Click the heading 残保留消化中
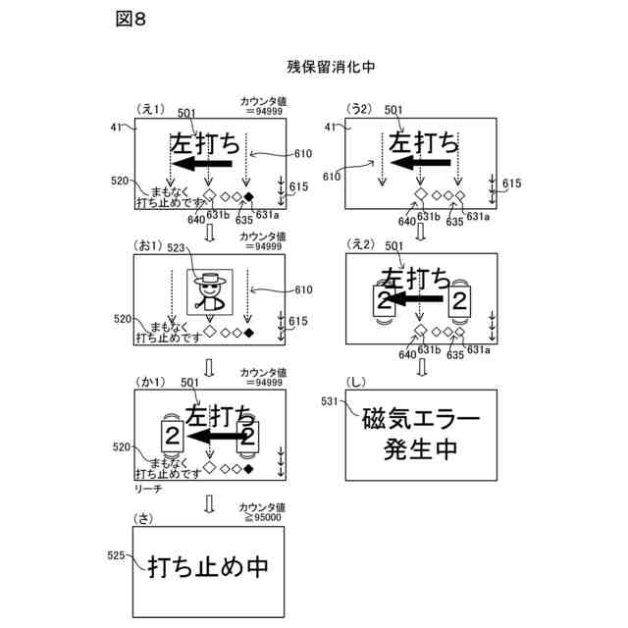pyautogui.click(x=332, y=67)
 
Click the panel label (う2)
pyautogui.click(x=362, y=111)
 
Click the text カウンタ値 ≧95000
pyautogui.click(x=261, y=511)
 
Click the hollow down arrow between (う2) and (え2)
pyautogui.click(x=421, y=233)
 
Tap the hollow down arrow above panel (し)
pyautogui.click(x=421, y=367)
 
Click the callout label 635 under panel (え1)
pyautogui.click(x=238, y=221)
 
